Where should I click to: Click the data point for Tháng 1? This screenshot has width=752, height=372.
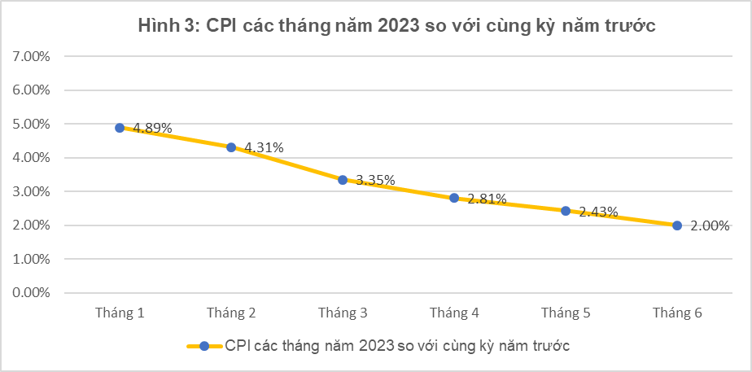coord(120,128)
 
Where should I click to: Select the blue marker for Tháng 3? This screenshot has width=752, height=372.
coord(343,180)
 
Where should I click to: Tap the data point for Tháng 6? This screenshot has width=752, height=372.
coord(677,225)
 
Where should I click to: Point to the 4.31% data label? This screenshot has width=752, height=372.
coord(265,147)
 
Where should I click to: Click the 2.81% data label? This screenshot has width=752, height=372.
coord(487,198)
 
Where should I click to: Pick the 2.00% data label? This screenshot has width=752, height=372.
coord(710,226)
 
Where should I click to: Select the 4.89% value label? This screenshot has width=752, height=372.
coord(153,128)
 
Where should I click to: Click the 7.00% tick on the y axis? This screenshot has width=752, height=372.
coord(32,57)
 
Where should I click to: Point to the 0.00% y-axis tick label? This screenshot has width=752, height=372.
coord(32,292)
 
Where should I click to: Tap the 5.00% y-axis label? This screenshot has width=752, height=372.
coord(32,125)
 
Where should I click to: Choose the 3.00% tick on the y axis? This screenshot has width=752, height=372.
coord(32,191)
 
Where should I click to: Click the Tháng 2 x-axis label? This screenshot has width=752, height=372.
coord(231,313)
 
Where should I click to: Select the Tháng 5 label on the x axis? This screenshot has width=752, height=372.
coord(566,313)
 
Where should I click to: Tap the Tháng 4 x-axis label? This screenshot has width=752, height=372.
coord(454,313)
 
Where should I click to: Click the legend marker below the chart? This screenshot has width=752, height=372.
coord(204,346)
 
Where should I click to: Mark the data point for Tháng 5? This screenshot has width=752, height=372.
coord(566,211)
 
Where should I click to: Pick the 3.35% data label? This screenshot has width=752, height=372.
coord(376,180)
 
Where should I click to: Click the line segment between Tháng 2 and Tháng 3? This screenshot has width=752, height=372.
coord(287,164)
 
